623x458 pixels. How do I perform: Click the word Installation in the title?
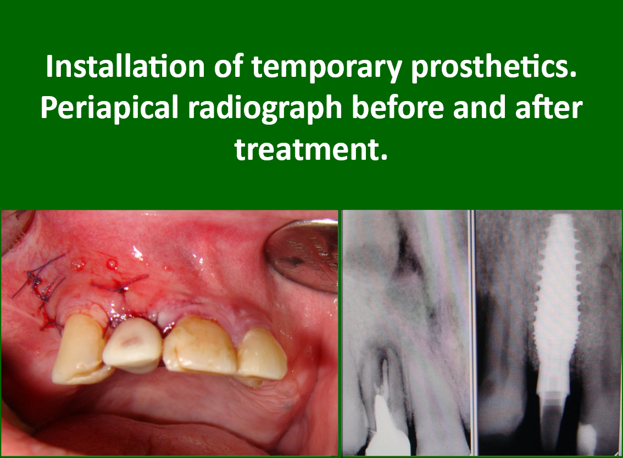point(124,66)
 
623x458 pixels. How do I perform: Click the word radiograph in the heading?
point(265,109)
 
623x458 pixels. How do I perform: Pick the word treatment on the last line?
point(310,149)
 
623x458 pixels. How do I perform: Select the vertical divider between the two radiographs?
point(473,333)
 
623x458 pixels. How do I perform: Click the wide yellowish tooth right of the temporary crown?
point(201,345)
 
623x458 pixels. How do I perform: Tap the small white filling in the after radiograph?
point(586,439)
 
